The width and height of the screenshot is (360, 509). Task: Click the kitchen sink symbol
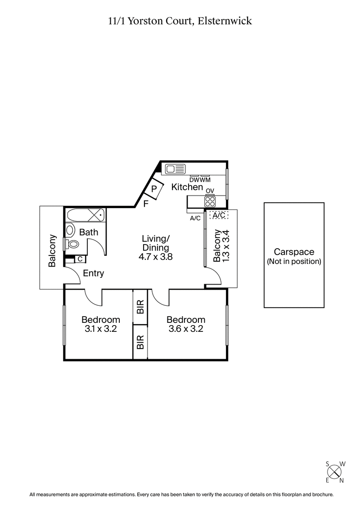[x=175, y=169]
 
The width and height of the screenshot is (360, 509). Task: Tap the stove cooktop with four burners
[x=210, y=201]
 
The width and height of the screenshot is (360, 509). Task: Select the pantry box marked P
[x=154, y=189]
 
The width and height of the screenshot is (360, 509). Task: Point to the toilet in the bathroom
[x=72, y=244]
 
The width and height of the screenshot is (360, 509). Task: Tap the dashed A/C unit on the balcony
[x=219, y=215]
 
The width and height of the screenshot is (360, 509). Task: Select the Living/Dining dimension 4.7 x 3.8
[x=155, y=258]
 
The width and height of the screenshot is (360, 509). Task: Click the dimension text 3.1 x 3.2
[x=101, y=329]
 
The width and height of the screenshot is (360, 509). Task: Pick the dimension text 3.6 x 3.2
[x=186, y=329]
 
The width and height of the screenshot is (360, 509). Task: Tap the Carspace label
[x=294, y=252]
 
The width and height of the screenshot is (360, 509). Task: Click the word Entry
[x=94, y=273]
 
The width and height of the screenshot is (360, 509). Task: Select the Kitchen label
[x=187, y=187]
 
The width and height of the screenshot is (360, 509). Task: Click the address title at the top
[x=180, y=20]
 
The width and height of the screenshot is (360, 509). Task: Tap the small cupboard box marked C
[x=79, y=259]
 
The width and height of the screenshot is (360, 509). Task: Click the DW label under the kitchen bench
[x=194, y=180]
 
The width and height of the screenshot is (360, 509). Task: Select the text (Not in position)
[x=294, y=261]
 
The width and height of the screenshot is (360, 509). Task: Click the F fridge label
[x=145, y=204]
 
